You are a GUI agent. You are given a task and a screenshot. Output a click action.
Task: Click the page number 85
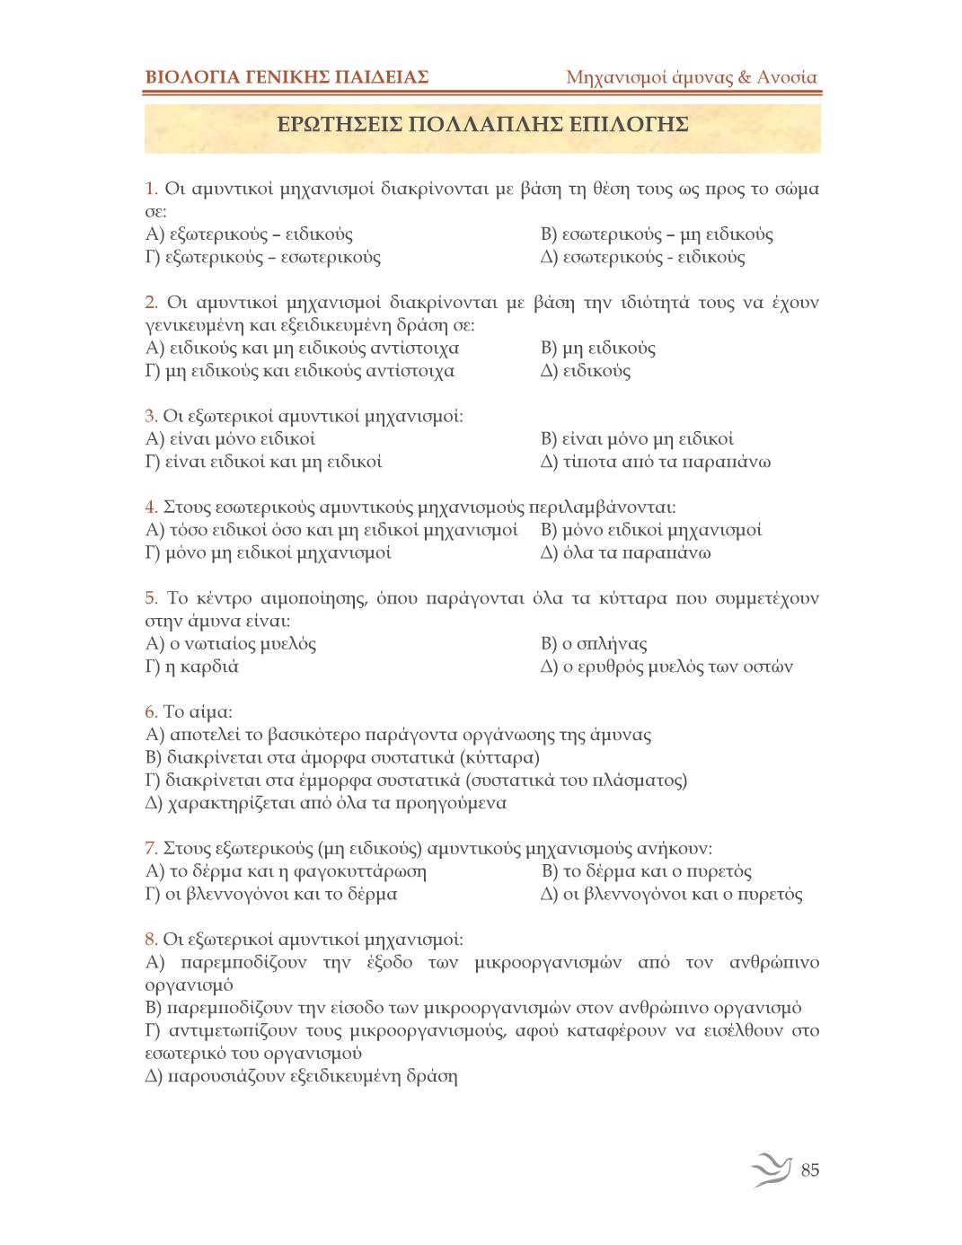pyautogui.click(x=809, y=1170)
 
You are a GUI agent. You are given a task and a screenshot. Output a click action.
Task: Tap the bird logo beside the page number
pyautogui.click(x=772, y=1169)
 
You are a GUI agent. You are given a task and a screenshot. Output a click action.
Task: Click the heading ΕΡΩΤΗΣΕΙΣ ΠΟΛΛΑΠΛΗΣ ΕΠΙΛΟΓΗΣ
pyautogui.click(x=482, y=124)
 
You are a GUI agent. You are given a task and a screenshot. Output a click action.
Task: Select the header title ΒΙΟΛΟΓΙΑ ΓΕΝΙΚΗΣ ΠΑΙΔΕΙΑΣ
pyautogui.click(x=287, y=77)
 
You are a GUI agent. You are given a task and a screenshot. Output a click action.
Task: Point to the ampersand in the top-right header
pyautogui.click(x=745, y=77)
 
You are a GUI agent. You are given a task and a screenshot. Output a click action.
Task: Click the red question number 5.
pyautogui.click(x=151, y=598)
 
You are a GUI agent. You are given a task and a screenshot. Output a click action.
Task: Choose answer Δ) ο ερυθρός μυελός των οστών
pyautogui.click(x=666, y=667)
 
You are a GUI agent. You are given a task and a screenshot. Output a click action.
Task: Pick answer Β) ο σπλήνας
pyautogui.click(x=594, y=644)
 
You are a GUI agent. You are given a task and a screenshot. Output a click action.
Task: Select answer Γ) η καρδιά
pyautogui.click(x=192, y=667)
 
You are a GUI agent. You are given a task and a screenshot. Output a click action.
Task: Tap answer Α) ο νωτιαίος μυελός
pyautogui.click(x=231, y=644)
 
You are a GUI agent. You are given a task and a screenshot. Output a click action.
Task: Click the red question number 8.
pyautogui.click(x=151, y=940)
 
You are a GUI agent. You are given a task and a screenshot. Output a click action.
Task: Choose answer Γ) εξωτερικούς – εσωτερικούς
pyautogui.click(x=263, y=258)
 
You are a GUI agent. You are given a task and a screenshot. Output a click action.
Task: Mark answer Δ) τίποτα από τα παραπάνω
pyautogui.click(x=656, y=462)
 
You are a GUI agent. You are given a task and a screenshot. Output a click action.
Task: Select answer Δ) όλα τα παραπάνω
pyautogui.click(x=625, y=552)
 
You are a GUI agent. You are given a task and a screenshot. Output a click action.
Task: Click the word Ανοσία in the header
pyautogui.click(x=787, y=77)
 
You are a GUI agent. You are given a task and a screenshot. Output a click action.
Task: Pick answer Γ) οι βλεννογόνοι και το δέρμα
pyautogui.click(x=271, y=894)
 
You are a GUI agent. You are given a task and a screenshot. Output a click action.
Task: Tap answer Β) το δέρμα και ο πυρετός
pyautogui.click(x=647, y=871)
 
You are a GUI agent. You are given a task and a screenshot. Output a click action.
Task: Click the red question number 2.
pyautogui.click(x=151, y=303)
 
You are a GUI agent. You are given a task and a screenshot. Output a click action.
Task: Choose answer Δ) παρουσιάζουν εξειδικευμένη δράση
pyautogui.click(x=301, y=1076)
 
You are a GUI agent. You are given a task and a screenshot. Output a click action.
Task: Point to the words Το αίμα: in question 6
pyautogui.click(x=198, y=712)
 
